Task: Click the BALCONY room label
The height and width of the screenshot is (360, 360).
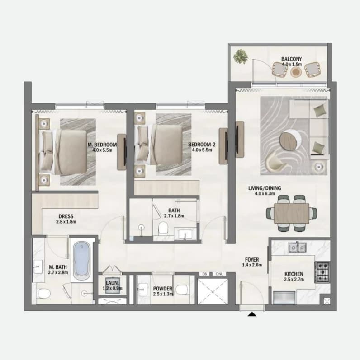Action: click(292, 59)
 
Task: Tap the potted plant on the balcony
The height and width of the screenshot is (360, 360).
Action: click(241, 56)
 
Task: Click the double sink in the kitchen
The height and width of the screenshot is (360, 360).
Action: click(298, 247)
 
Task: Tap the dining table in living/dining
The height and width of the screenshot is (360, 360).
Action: click(292, 213)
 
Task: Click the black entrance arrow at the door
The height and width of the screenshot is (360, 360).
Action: click(252, 314)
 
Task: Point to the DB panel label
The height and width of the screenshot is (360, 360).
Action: click(204, 274)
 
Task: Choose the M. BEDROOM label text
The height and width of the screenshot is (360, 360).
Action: click(102, 145)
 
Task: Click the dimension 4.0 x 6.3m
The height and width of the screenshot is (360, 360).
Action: click(265, 193)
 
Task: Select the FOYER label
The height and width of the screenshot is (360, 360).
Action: click(252, 260)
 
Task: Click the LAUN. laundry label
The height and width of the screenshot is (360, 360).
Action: click(113, 283)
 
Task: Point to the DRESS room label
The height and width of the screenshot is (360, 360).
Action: click(66, 216)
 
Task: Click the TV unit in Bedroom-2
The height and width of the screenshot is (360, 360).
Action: click(223, 146)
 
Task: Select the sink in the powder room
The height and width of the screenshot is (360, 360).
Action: click(143, 289)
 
